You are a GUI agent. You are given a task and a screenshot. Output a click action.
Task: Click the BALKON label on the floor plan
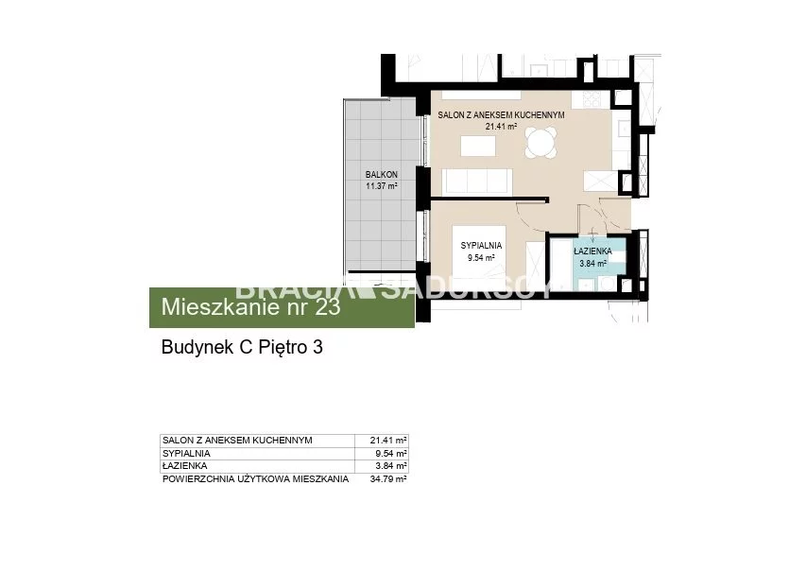[382, 175]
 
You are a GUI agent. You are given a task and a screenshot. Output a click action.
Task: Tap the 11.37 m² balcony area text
[382, 186]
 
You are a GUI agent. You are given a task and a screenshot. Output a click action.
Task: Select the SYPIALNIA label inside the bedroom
[481, 246]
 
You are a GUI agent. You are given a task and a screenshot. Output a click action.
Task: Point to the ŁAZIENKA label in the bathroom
[592, 251]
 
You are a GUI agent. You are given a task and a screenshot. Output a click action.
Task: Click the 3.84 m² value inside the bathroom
[592, 263]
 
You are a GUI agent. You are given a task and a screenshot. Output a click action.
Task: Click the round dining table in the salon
[541, 143]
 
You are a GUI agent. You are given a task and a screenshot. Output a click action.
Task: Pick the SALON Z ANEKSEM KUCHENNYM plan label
[501, 114]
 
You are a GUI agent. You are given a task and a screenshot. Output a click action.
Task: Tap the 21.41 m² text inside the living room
[501, 127]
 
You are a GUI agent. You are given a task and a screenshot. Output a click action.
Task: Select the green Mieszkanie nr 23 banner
[282, 307]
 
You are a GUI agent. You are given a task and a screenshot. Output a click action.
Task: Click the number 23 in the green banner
[328, 307]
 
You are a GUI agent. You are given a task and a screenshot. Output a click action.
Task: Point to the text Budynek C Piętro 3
[242, 347]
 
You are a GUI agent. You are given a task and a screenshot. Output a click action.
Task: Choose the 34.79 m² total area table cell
[388, 479]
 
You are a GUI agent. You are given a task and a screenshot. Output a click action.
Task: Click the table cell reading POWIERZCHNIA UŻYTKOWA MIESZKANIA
[256, 479]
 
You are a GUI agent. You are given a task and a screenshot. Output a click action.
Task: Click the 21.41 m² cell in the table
[388, 441]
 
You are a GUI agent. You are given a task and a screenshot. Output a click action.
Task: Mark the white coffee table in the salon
[478, 146]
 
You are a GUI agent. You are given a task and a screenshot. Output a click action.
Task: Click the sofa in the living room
[477, 182]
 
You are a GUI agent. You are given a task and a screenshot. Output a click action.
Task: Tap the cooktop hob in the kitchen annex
[592, 99]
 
